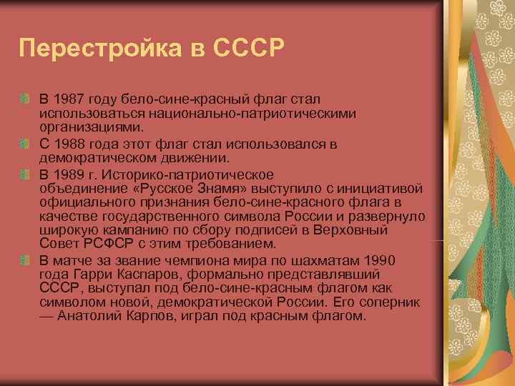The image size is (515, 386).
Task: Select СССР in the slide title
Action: tap(250, 49)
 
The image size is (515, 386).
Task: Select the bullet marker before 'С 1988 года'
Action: tap(25, 146)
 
